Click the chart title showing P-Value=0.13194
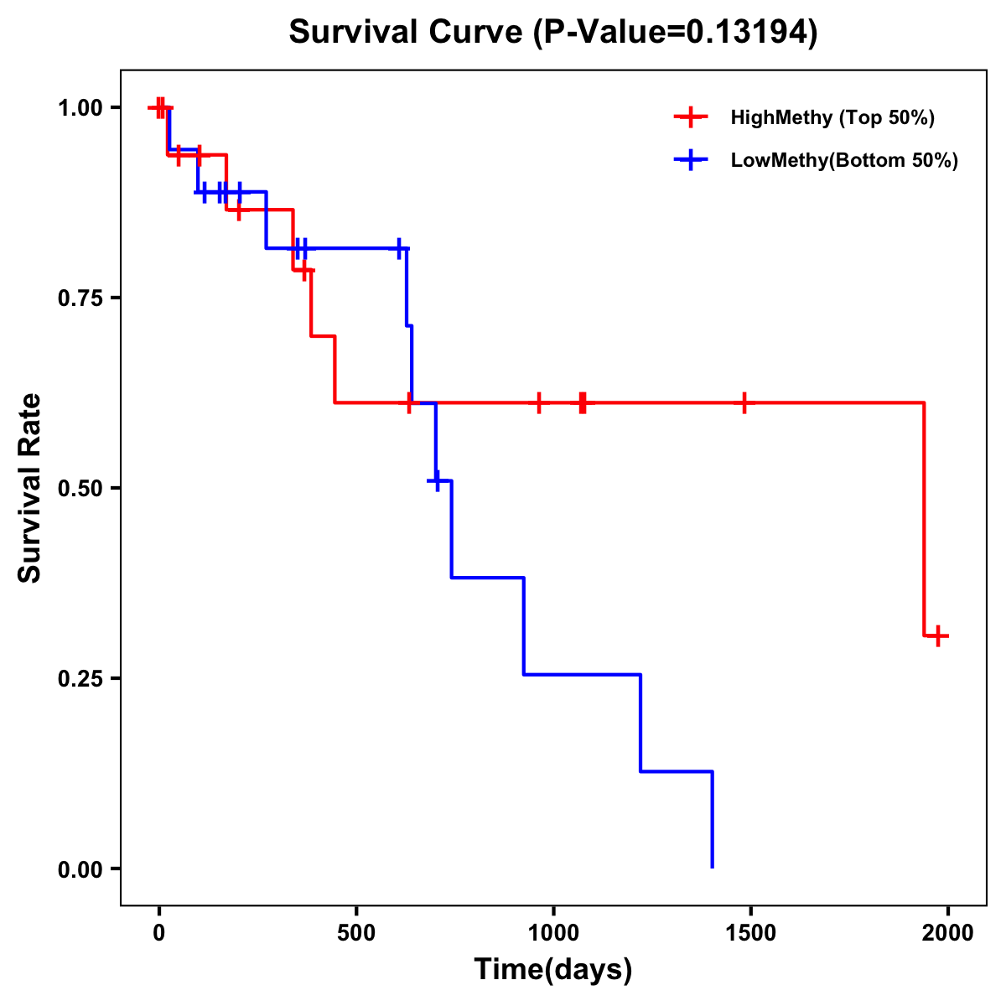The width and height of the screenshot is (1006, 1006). (552, 32)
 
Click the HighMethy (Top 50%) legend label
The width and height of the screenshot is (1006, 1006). (832, 117)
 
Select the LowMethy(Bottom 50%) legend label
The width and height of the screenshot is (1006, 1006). (844, 160)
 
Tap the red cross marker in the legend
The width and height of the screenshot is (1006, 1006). (691, 117)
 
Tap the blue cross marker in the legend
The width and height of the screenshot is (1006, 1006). (691, 160)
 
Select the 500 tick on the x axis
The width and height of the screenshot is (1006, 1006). (356, 933)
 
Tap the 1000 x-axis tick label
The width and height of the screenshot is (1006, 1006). (553, 933)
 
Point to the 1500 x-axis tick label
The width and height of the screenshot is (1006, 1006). (750, 933)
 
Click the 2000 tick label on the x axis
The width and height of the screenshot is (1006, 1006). (948, 933)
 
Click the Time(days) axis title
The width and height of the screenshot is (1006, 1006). (553, 970)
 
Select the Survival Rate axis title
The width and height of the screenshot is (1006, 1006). (30, 488)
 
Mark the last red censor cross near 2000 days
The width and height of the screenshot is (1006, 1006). (938, 635)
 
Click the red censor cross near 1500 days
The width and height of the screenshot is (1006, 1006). (744, 403)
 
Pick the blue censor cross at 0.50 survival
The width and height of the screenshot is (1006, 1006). (437, 480)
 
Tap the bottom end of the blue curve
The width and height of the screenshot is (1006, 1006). (713, 867)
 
